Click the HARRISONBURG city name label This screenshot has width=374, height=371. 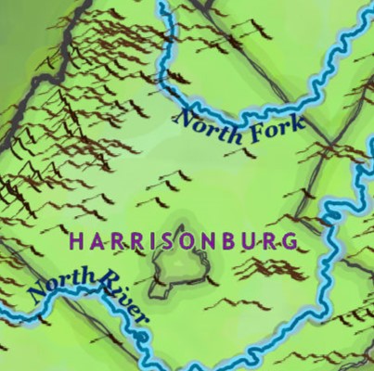click(x=184, y=241)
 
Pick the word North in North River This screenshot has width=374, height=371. click(x=61, y=278)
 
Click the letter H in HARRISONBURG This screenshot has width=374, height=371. click(x=76, y=241)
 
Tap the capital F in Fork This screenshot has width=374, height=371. click(x=251, y=134)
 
